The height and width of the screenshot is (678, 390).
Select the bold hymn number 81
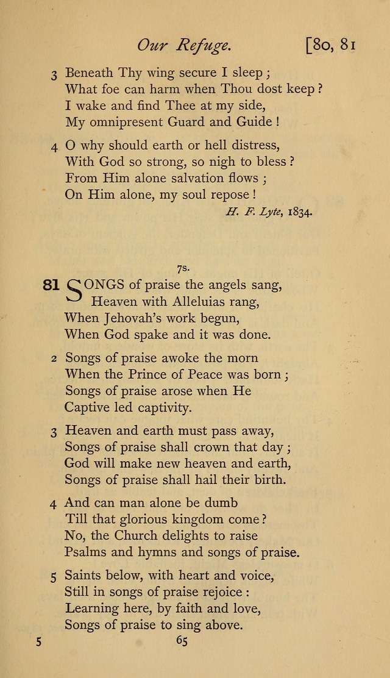(x=51, y=284)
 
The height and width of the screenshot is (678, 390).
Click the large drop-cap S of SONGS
(x=74, y=291)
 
